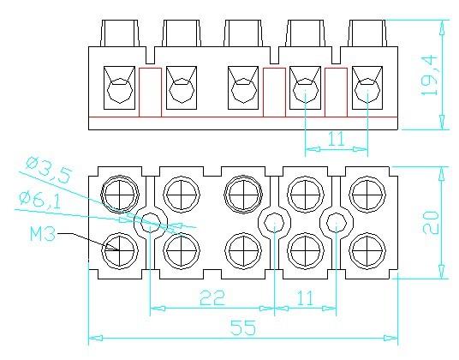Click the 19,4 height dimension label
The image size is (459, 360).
point(429,75)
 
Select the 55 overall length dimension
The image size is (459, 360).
point(243,327)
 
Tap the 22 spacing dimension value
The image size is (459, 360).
point(212,297)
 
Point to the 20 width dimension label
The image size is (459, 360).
point(431,223)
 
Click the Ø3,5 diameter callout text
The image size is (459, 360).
point(48,171)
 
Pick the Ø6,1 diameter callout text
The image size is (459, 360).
point(39,200)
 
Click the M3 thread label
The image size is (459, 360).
point(43,234)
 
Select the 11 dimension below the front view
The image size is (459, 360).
point(336,139)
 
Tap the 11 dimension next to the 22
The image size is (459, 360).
point(305,297)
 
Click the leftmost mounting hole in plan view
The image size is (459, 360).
point(151,223)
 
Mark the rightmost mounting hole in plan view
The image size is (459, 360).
point(337,223)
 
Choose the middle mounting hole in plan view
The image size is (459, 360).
point(274,223)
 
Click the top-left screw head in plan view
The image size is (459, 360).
point(120,194)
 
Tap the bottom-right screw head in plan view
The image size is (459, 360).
point(367,251)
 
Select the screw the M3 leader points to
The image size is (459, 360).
point(120,251)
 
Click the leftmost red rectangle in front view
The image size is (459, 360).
point(150,93)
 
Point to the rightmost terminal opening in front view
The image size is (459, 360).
point(367,88)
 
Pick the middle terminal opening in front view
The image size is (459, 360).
point(243,88)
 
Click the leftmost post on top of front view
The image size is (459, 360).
point(119,33)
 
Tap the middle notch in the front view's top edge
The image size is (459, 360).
point(274,55)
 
